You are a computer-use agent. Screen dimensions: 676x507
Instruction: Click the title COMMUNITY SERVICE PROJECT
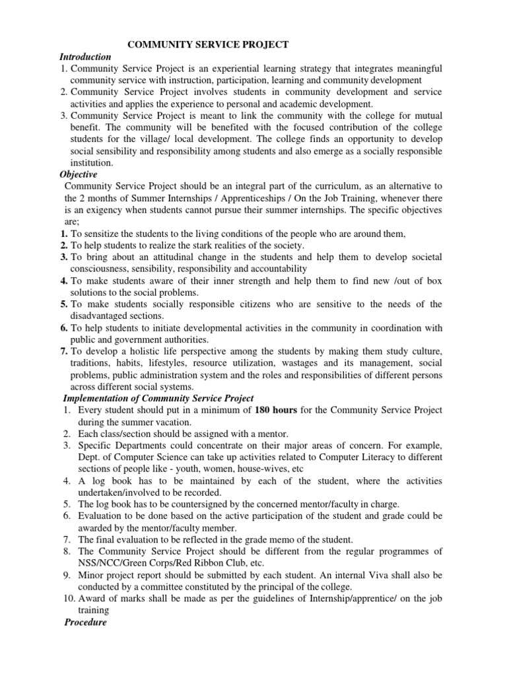[x=208, y=44]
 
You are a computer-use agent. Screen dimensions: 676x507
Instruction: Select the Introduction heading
[x=86, y=57]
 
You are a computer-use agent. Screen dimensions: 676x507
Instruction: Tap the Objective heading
[x=79, y=174]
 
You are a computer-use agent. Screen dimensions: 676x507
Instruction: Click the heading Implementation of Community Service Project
[x=158, y=399]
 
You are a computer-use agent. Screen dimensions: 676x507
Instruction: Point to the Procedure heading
[x=85, y=623]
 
